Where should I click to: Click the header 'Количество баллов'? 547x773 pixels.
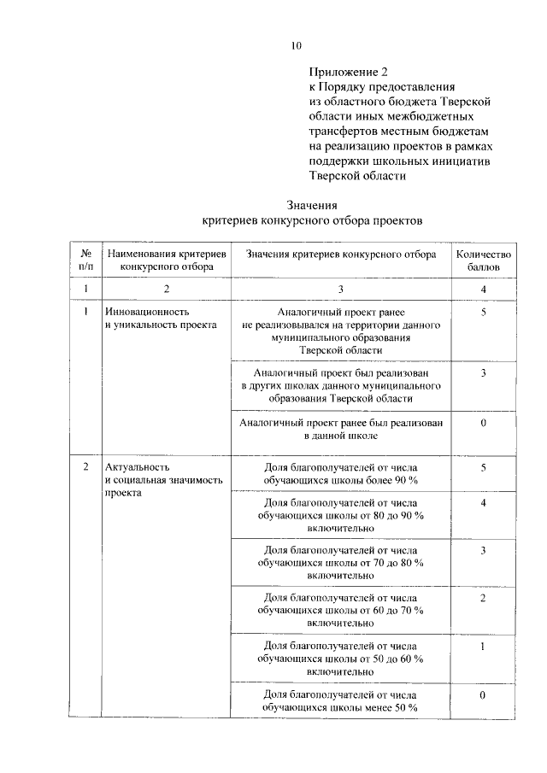pyautogui.click(x=483, y=261)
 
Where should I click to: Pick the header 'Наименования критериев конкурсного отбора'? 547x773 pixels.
pyautogui.click(x=167, y=261)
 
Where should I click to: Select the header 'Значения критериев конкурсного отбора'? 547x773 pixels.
pyautogui.click(x=341, y=255)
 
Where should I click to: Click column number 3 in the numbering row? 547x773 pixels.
pyautogui.click(x=341, y=290)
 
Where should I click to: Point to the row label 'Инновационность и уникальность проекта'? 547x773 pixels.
pyautogui.click(x=161, y=319)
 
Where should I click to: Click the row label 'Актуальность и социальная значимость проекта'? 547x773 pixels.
pyautogui.click(x=162, y=480)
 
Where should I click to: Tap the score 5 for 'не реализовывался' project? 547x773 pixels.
pyautogui.click(x=483, y=313)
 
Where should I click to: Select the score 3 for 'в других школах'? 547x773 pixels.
pyautogui.click(x=483, y=373)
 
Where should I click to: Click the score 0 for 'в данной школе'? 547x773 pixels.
pyautogui.click(x=483, y=423)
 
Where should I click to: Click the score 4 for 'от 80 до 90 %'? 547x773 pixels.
pyautogui.click(x=483, y=503)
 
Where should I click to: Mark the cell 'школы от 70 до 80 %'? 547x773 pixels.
pyautogui.click(x=341, y=563)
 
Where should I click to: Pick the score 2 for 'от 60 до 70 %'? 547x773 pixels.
pyautogui.click(x=483, y=598)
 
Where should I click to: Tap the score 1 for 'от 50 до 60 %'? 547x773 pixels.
pyautogui.click(x=483, y=647)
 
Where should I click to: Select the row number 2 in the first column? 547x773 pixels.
pyautogui.click(x=86, y=467)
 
